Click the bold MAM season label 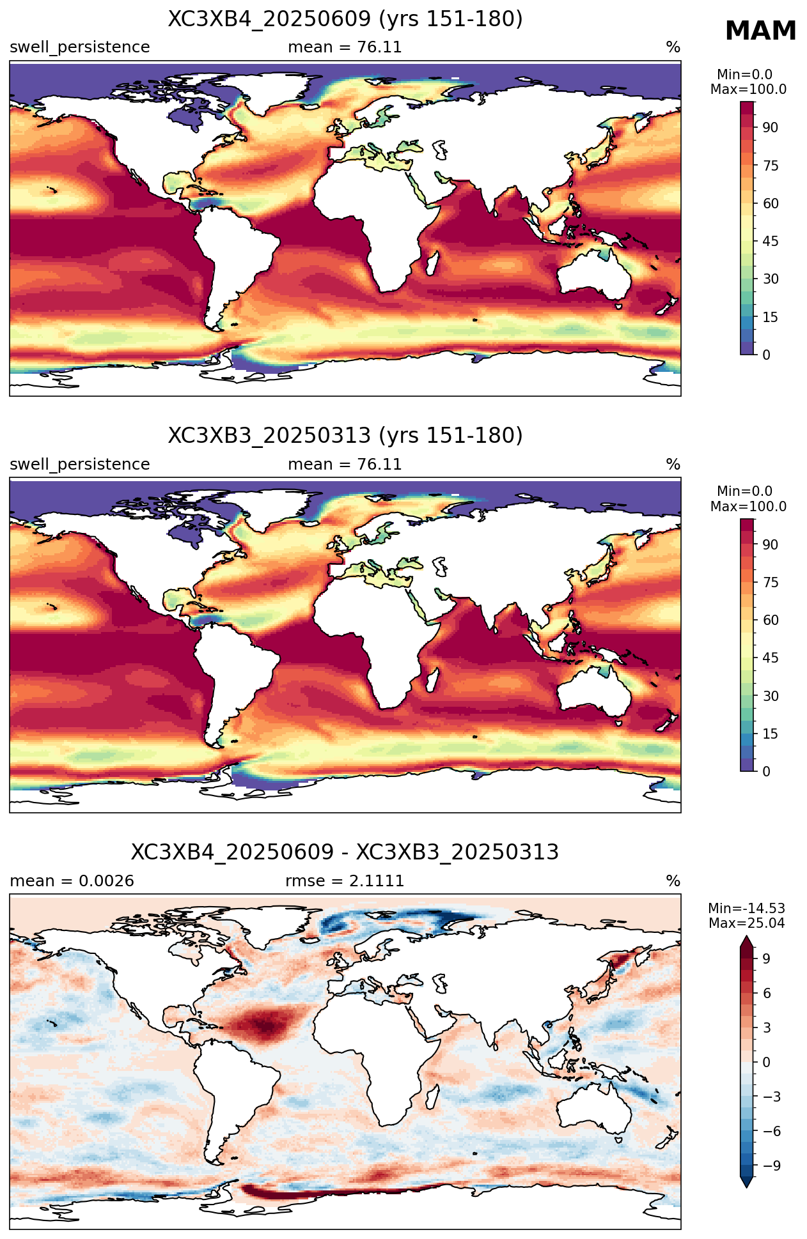(760, 31)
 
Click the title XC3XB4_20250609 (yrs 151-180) (345, 19)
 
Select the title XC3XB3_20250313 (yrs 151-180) (345, 436)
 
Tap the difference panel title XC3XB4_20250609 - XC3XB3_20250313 (345, 852)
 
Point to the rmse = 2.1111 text (345, 881)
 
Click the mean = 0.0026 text (72, 881)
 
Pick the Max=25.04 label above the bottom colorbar (747, 923)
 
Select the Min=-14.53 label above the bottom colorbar (747, 909)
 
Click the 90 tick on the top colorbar (770, 128)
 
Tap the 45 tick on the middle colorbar (770, 658)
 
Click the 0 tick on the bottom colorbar (766, 1062)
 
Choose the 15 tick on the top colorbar (770, 317)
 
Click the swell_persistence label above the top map (80, 48)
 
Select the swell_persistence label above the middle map (80, 465)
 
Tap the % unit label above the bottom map (673, 881)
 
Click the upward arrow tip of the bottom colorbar (747, 937)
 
